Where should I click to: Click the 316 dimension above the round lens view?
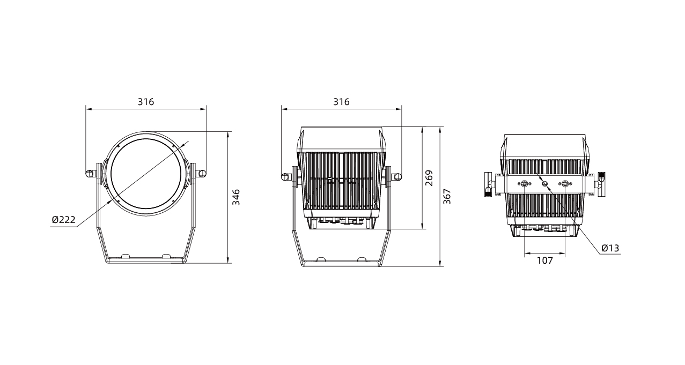[x=146, y=102]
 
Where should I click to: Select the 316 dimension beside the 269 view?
[x=341, y=102]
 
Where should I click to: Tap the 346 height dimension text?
[x=236, y=197]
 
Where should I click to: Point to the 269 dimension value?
[x=429, y=178]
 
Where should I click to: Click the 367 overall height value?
[x=447, y=197]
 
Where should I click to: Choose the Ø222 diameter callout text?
[x=64, y=220]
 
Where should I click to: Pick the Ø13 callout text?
[x=610, y=248]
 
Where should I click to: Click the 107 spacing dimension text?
[x=545, y=260]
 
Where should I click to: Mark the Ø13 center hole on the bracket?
[x=544, y=183]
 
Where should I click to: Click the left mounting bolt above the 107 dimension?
[x=525, y=183]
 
